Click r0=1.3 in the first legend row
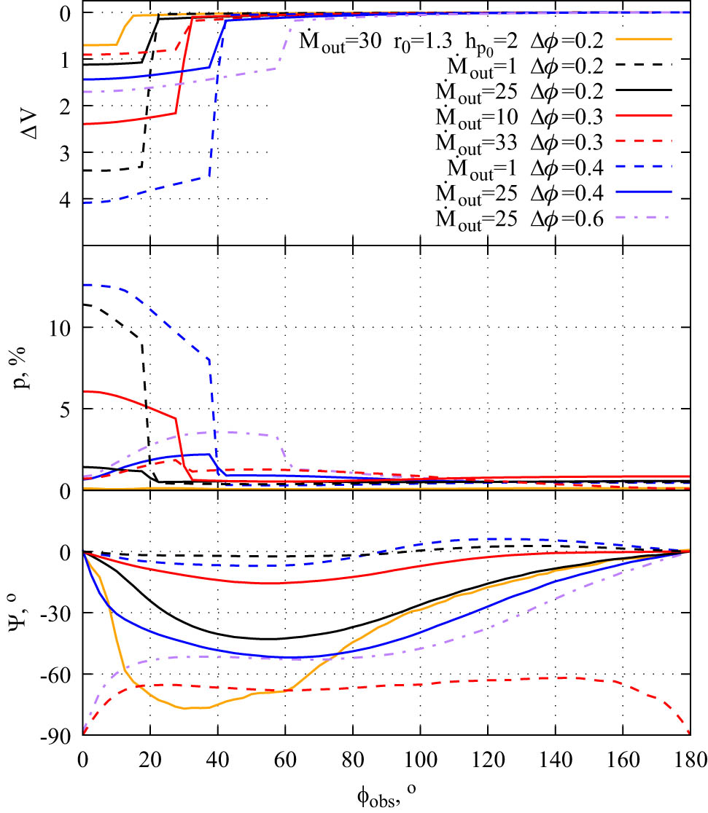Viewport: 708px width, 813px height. pos(419,42)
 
